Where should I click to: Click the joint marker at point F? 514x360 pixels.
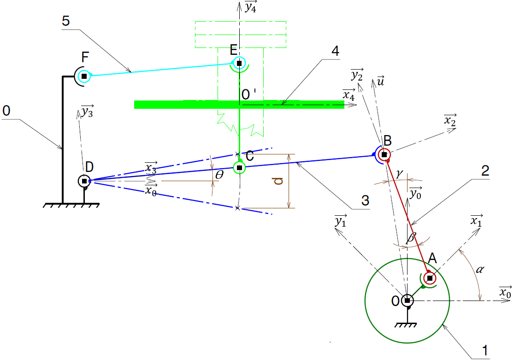[x=83, y=76]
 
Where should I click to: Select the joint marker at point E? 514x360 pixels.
[x=239, y=63]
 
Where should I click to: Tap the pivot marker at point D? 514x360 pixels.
[x=84, y=181]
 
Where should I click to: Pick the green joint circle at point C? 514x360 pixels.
[x=239, y=167]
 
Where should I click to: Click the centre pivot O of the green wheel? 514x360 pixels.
[x=407, y=301]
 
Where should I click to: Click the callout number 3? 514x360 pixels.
[x=365, y=201]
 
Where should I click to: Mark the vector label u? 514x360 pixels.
[x=380, y=81]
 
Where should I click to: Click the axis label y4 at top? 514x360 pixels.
[x=250, y=6]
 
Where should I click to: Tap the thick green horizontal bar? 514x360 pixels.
[x=184, y=105]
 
